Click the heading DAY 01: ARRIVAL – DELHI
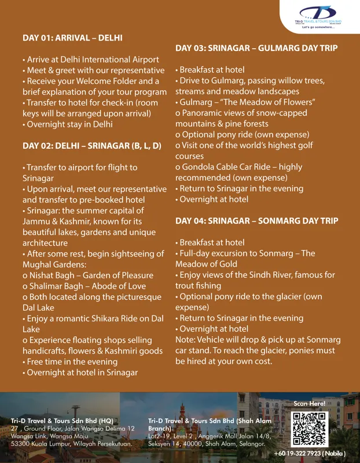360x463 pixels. [x=72, y=38]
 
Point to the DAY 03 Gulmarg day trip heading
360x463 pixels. [x=265, y=48]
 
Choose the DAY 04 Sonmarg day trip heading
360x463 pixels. [x=265, y=221]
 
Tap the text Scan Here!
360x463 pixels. [x=310, y=403]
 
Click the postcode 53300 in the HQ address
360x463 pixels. [x=21, y=443]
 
